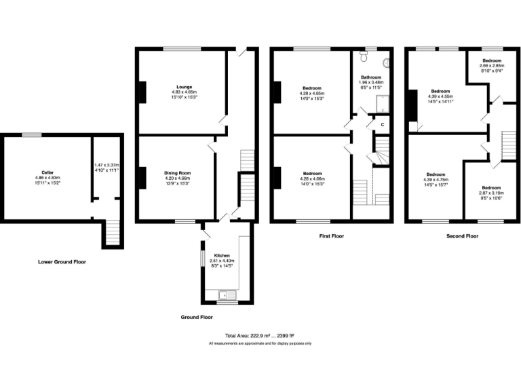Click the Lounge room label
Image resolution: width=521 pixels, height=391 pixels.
point(184,87)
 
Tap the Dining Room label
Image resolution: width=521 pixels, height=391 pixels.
point(176,173)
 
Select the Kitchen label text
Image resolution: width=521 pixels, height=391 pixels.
point(223,255)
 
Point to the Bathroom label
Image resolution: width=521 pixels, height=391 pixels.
point(370,78)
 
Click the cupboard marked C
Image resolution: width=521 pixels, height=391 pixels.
point(382,125)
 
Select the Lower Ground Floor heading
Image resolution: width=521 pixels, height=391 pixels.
point(62,261)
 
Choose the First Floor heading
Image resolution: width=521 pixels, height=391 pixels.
point(333,236)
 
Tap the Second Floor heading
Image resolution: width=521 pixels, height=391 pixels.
point(462,236)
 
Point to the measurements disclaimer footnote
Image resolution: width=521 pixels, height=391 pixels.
point(260,344)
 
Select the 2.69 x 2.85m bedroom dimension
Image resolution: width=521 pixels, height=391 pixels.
point(492,65)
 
